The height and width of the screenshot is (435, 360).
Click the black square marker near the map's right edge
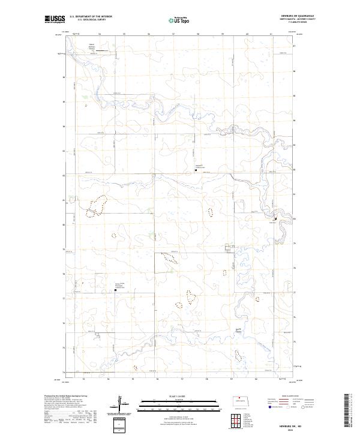tap(275, 219)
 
